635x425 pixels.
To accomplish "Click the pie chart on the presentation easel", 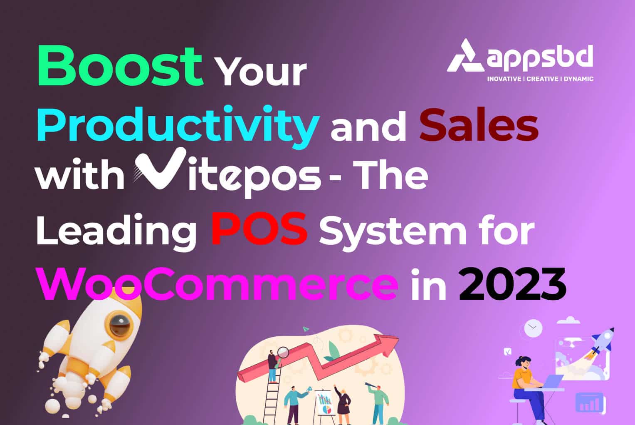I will tap(325, 409).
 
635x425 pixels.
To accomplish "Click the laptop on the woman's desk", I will tap(551, 381).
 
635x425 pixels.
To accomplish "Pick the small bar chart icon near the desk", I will tap(589, 402).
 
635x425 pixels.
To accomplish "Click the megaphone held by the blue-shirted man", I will tap(309, 390).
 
